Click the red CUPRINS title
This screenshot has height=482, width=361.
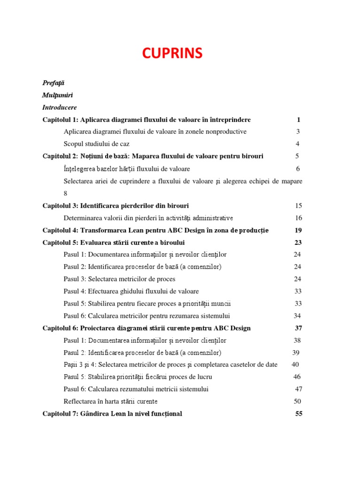click(x=173, y=53)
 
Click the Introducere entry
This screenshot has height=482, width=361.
click(x=60, y=107)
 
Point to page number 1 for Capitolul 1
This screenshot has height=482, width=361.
click(x=298, y=120)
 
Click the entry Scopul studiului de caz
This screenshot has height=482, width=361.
click(x=96, y=144)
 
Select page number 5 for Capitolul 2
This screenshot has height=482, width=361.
click(x=297, y=156)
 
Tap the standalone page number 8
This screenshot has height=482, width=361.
click(x=66, y=193)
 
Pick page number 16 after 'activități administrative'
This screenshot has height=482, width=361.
click(x=298, y=218)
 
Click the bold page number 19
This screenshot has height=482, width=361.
click(x=298, y=230)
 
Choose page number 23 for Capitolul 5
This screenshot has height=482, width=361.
click(x=298, y=242)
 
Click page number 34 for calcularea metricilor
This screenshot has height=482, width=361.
click(x=298, y=316)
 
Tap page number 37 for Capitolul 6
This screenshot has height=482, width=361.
click(x=298, y=328)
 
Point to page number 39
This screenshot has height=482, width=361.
click(x=296, y=353)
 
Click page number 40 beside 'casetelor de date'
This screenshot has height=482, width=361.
click(x=295, y=365)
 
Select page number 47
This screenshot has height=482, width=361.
click(x=298, y=389)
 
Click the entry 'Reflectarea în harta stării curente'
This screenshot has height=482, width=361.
click(x=110, y=402)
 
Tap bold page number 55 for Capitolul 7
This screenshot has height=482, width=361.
click(x=298, y=414)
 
